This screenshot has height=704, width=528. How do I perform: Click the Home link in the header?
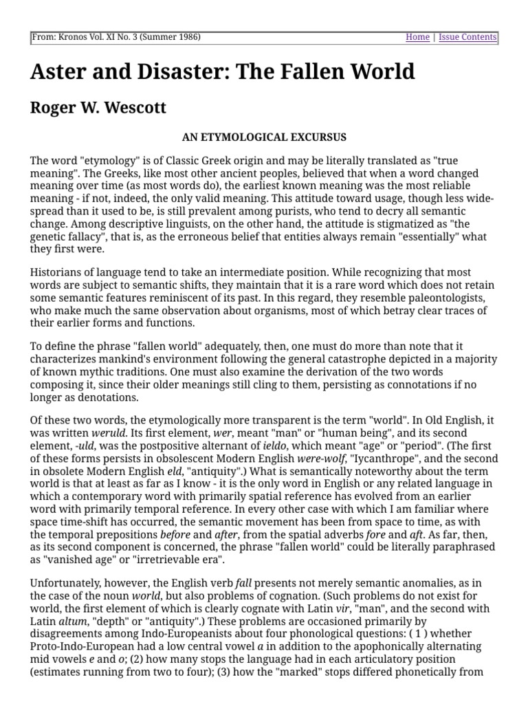click(x=417, y=37)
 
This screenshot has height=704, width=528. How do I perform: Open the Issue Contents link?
click(x=467, y=37)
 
